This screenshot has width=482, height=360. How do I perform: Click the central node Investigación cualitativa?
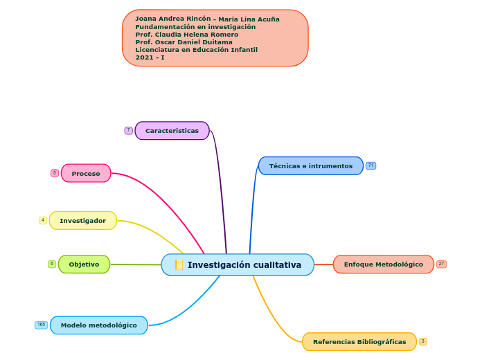point(244,265)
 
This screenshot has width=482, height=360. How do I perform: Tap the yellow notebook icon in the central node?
point(179,265)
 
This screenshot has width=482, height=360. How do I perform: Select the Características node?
point(172,131)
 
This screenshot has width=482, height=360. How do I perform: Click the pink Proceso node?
point(86,173)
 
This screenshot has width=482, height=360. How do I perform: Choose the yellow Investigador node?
point(83,221)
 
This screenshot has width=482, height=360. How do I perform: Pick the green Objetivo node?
point(84,264)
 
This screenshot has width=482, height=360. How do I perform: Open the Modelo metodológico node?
point(98,325)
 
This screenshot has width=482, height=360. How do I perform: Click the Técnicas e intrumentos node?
point(310,166)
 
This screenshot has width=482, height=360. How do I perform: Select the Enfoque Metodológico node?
point(383,264)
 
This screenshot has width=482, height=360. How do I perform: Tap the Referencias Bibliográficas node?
point(359,342)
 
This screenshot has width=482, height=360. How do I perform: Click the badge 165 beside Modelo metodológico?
point(42,325)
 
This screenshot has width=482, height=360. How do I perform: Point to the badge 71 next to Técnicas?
point(371,165)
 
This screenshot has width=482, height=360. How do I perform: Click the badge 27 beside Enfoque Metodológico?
point(441,264)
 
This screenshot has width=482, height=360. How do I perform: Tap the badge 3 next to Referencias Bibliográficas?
point(422,341)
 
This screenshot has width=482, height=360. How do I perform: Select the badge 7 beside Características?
point(128,130)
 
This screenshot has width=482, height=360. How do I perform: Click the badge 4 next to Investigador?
point(43,220)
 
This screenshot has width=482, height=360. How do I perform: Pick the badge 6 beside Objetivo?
point(52,264)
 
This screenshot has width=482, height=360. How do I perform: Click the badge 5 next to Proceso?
point(55,173)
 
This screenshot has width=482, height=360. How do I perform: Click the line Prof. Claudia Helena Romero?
point(186,35)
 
